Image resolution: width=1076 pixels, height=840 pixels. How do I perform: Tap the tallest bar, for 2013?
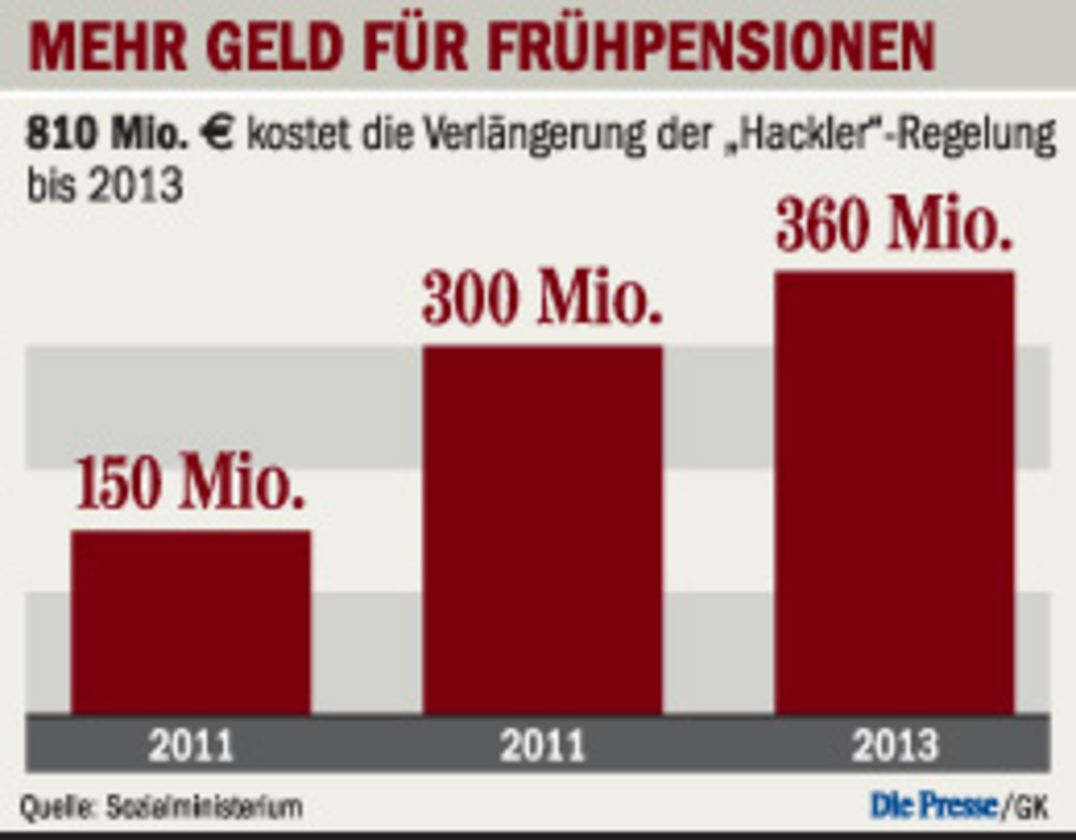[x=895, y=493]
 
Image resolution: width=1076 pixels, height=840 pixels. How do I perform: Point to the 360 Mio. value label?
[x=895, y=228]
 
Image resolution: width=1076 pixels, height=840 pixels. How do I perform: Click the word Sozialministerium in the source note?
[x=204, y=808]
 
